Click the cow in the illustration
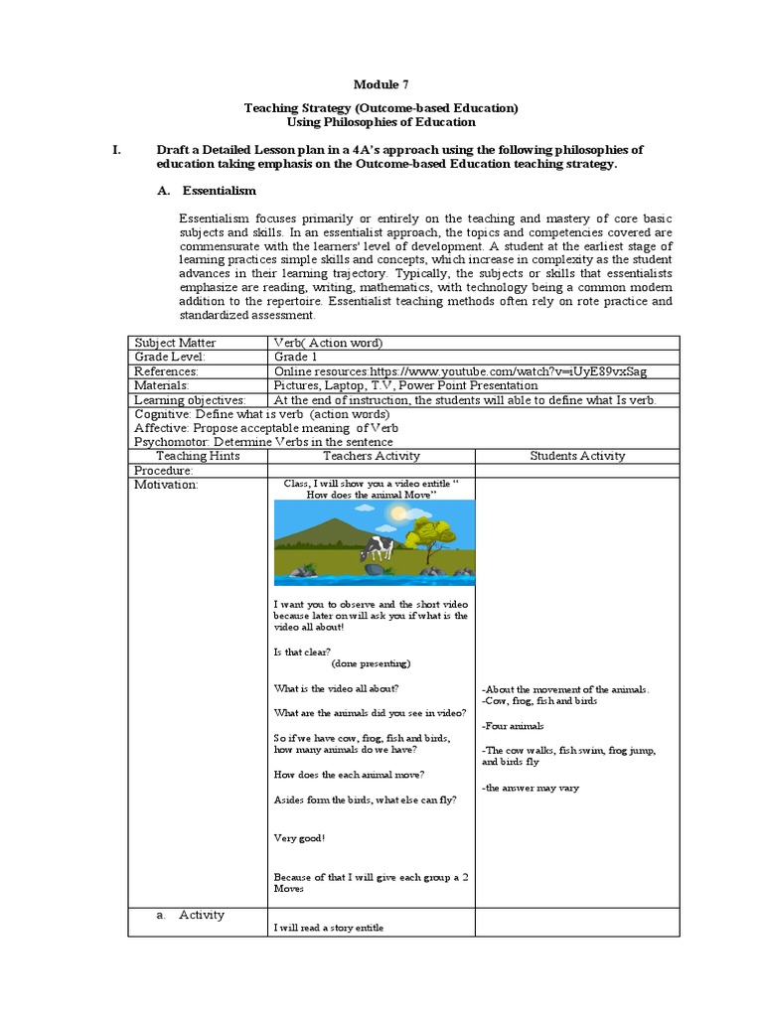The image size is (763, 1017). [x=379, y=547]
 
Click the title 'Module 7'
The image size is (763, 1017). [x=381, y=85]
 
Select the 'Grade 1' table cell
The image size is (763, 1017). [x=295, y=357]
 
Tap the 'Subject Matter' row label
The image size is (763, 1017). [x=175, y=343]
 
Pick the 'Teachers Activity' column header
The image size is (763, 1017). [x=373, y=456]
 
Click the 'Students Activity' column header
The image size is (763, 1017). [x=577, y=456]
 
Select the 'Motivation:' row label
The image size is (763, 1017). [x=166, y=485]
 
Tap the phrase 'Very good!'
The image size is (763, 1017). [x=299, y=838]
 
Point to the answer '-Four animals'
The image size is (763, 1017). [x=513, y=726]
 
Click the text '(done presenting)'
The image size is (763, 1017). [x=371, y=663]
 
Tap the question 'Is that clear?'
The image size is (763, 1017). [x=302, y=652]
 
